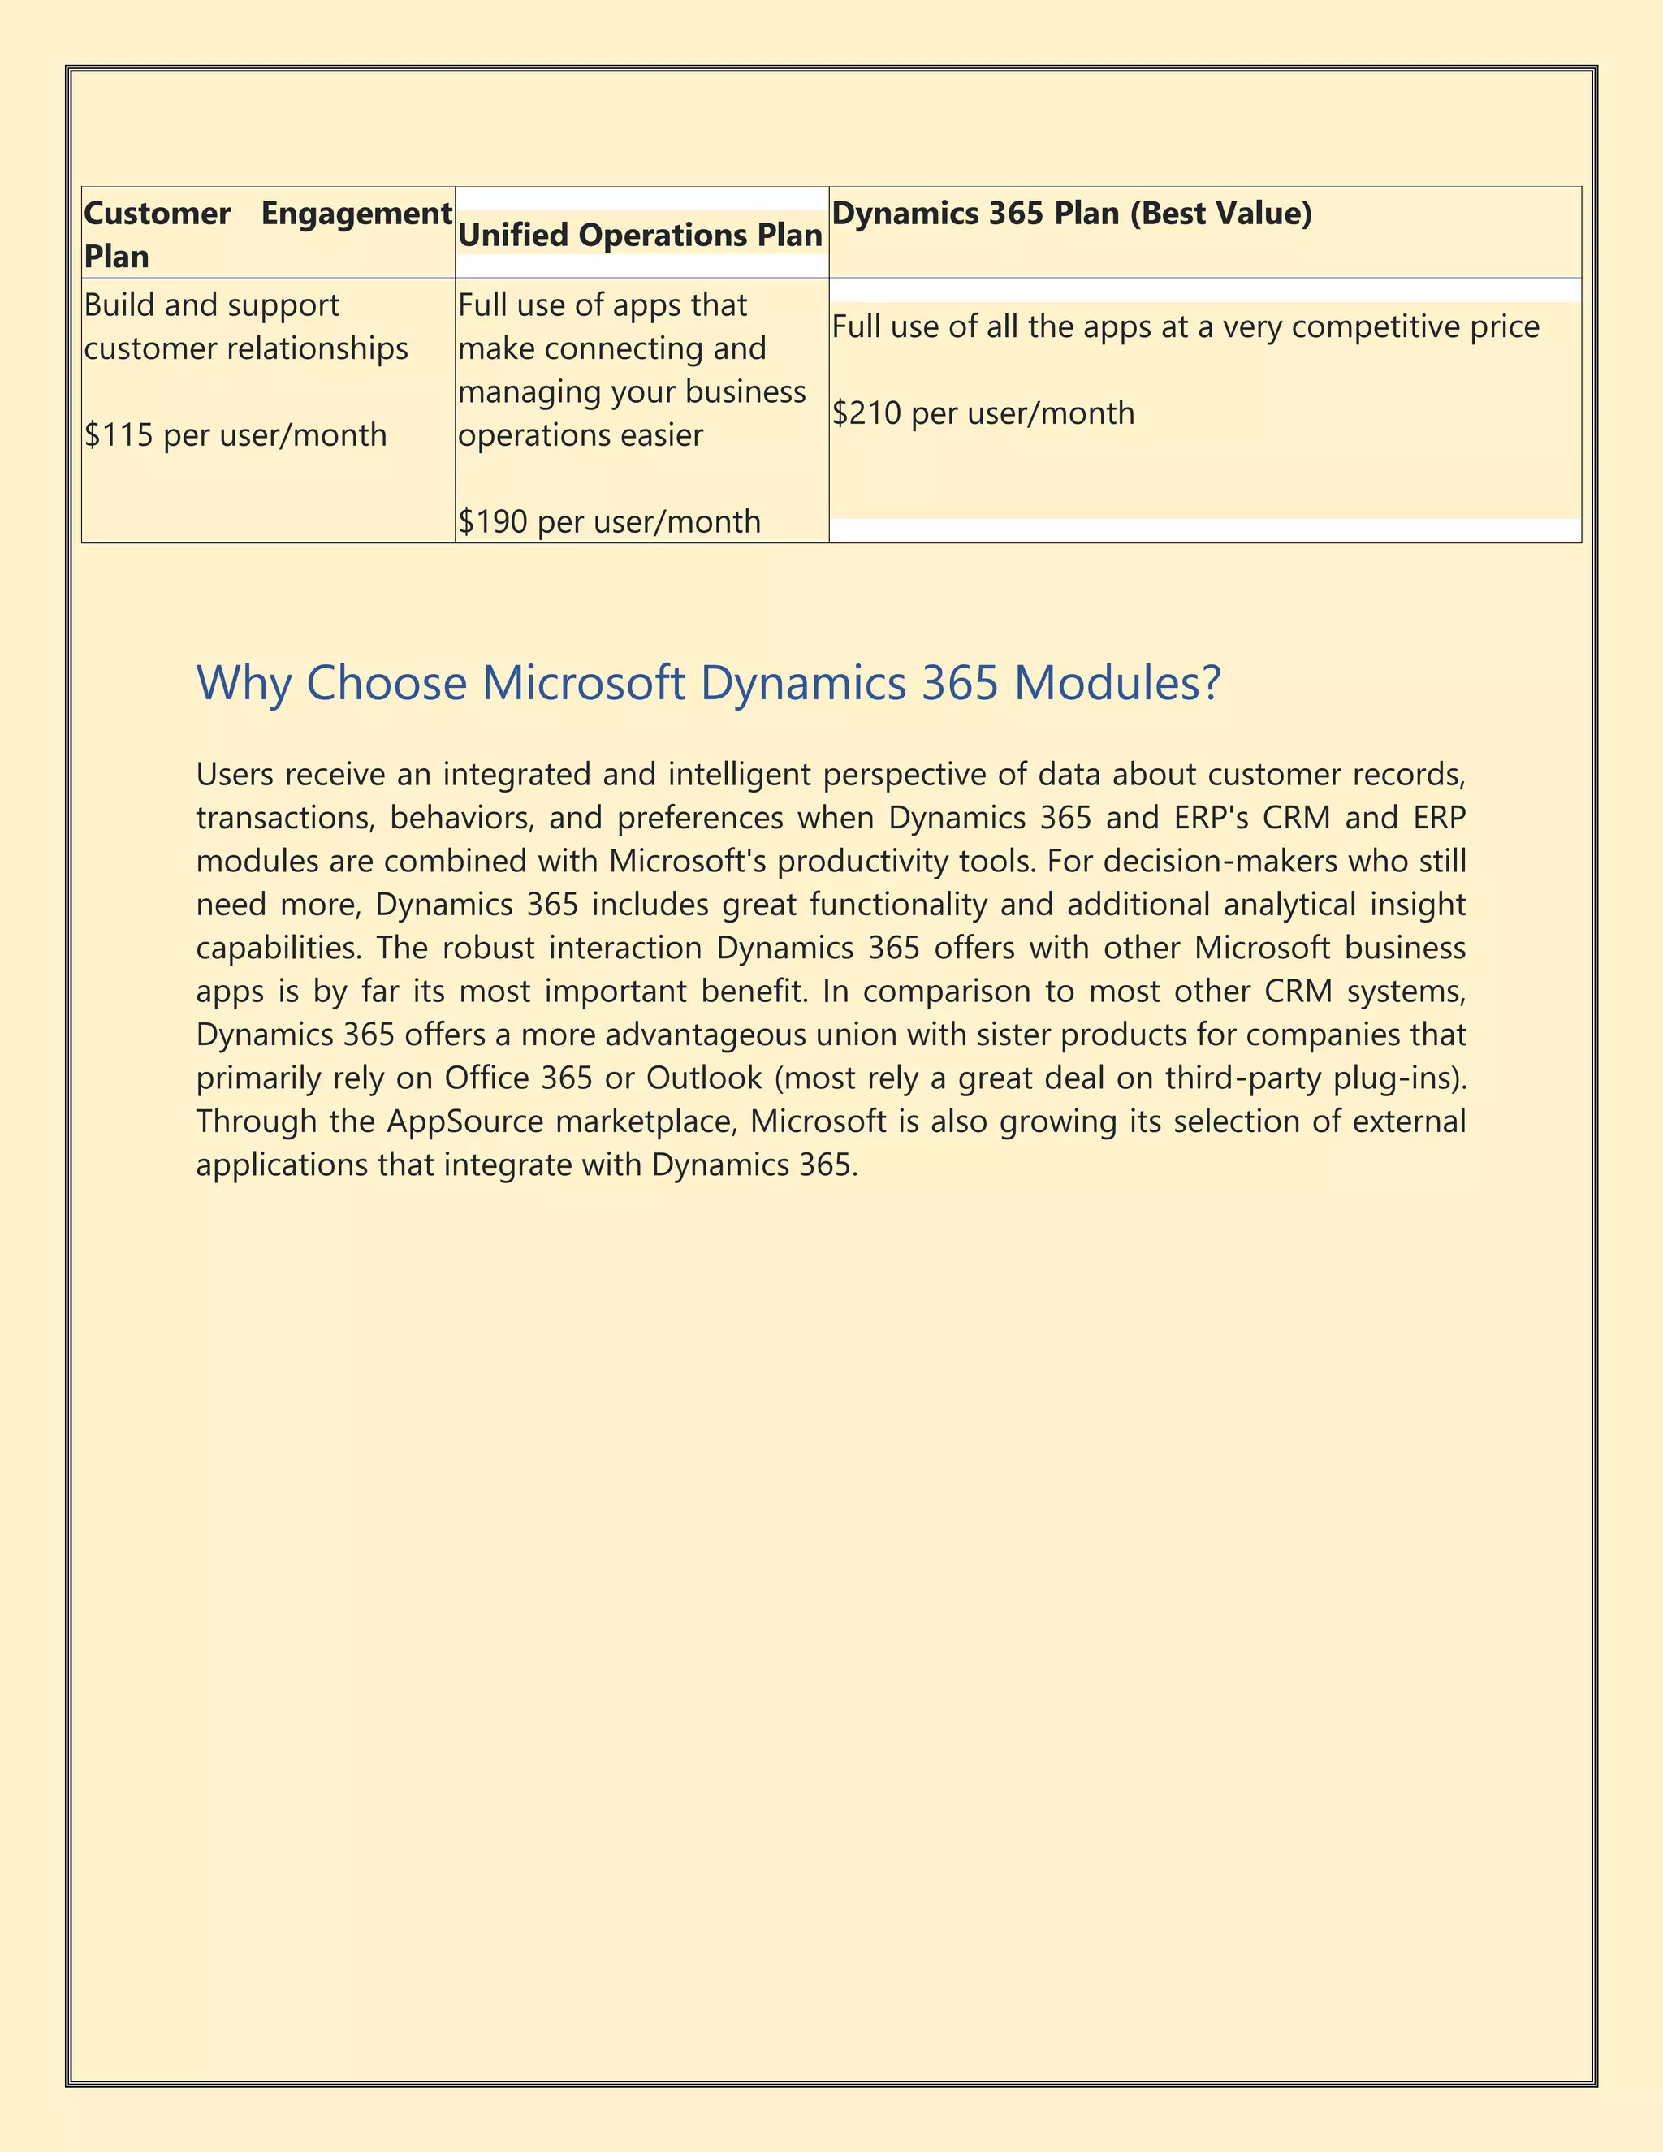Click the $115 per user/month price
[235, 434]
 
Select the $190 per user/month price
[609, 521]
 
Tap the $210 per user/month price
[983, 413]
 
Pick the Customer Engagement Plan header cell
[267, 235]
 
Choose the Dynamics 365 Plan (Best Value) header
[1071, 213]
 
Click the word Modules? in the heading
[1117, 683]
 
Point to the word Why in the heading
[244, 683]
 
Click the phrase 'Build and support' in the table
[211, 305]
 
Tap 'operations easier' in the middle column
[581, 434]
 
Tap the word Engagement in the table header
[356, 213]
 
